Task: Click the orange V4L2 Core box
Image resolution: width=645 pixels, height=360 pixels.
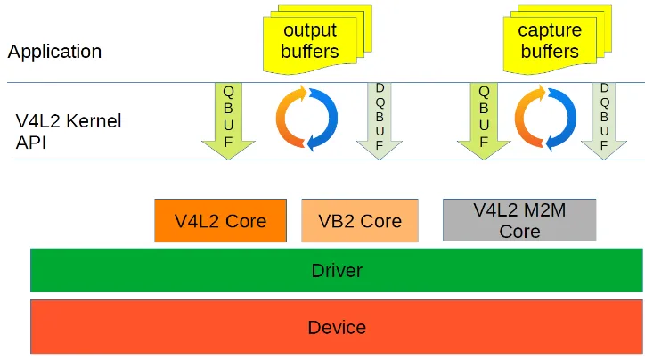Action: click(x=220, y=221)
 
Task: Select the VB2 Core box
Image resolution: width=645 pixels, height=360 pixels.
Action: click(x=360, y=221)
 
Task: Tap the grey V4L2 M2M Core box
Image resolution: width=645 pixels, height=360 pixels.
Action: click(x=519, y=220)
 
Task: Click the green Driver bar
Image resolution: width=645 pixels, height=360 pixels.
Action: click(x=337, y=270)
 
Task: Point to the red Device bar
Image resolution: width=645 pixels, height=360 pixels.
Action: click(x=337, y=327)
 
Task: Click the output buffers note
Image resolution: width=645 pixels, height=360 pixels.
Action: click(x=309, y=42)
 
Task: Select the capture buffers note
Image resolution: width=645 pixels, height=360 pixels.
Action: click(x=550, y=42)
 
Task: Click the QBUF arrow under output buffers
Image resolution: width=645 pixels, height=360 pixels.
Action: click(x=228, y=120)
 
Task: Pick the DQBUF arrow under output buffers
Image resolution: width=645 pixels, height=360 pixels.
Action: click(x=380, y=120)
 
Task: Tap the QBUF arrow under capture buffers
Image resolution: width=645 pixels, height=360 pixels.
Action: click(x=484, y=120)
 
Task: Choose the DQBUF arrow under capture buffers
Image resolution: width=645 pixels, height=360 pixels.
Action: click(x=605, y=120)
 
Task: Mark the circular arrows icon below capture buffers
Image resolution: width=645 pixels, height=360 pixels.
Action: click(x=545, y=117)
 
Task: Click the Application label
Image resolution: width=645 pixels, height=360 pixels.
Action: click(x=54, y=52)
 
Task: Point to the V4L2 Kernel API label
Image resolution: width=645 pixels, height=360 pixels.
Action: click(x=68, y=131)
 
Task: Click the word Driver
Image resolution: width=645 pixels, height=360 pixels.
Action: click(x=337, y=270)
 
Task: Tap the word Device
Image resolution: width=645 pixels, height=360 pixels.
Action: click(x=337, y=327)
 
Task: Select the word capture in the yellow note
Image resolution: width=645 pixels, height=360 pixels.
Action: click(x=550, y=30)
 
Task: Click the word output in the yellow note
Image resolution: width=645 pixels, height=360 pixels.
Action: click(x=310, y=30)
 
